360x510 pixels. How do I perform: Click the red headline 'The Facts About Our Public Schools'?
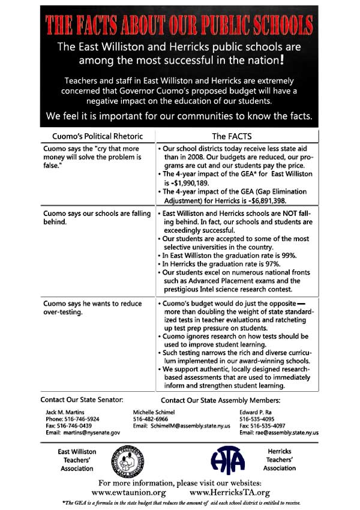[179, 25]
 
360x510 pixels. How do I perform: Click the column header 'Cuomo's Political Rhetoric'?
[97, 136]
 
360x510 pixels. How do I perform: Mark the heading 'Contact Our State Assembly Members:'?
[221, 400]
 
